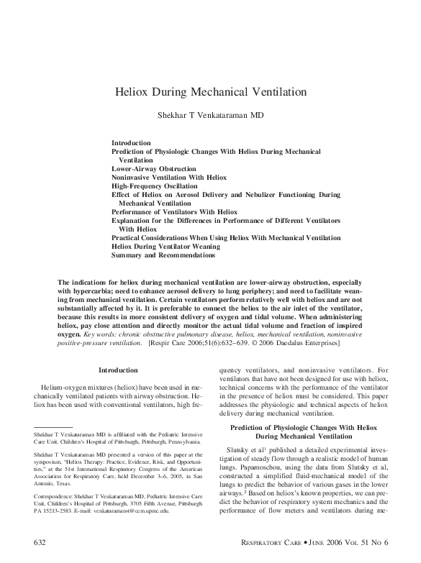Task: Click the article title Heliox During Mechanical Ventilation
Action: (x=211, y=93)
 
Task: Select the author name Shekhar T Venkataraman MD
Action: (x=211, y=115)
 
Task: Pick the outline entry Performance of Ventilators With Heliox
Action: (x=174, y=212)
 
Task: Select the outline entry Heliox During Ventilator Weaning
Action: (x=166, y=246)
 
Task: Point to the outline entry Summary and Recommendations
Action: (x=163, y=255)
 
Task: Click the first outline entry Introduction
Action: (x=131, y=143)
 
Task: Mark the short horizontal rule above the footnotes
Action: (x=53, y=428)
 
